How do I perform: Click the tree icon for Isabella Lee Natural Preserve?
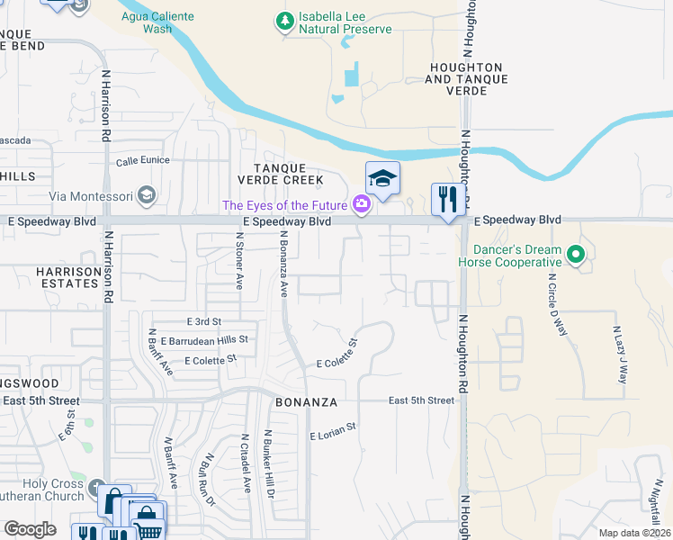click(285, 20)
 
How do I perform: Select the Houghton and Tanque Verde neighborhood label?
click(465, 73)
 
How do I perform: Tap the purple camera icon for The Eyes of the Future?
click(361, 205)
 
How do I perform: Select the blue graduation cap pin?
click(382, 179)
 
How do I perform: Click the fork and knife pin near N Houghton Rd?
click(447, 199)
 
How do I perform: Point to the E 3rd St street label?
click(203, 321)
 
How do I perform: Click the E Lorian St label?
click(333, 436)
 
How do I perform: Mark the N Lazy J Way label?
click(620, 355)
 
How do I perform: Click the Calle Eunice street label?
click(143, 162)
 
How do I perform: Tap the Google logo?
click(30, 528)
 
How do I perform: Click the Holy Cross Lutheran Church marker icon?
click(98, 490)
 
